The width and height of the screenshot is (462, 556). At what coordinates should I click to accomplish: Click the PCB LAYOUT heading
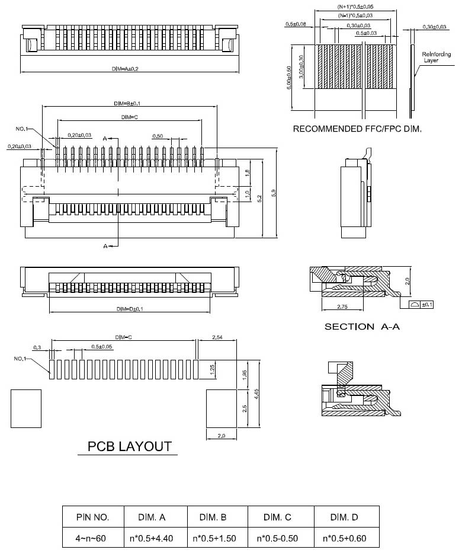(129, 446)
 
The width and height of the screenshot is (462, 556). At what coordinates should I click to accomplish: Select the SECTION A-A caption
(358, 327)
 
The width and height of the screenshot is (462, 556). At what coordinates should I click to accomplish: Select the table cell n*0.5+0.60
(346, 539)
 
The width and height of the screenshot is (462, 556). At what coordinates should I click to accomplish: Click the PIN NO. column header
(93, 517)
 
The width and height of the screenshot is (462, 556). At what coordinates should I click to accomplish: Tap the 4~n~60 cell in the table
(93, 539)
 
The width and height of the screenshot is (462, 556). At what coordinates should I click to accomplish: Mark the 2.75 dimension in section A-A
(342, 306)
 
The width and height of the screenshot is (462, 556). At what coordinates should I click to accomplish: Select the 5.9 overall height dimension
(273, 194)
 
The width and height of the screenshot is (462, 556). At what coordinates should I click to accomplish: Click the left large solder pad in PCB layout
(25, 408)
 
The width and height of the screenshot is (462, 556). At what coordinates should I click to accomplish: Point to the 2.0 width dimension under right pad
(222, 436)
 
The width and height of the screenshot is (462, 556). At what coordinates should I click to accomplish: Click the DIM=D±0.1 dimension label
(130, 309)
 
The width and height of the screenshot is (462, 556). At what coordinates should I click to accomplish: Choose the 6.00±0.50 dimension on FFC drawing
(289, 77)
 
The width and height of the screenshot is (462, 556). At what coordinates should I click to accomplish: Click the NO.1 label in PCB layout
(21, 359)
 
